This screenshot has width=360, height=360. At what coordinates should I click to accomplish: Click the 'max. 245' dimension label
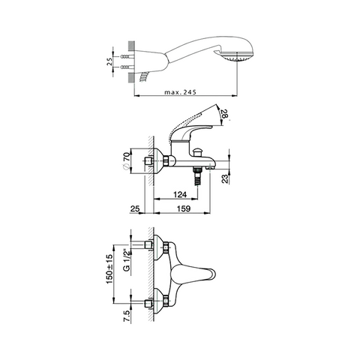pos(180,92)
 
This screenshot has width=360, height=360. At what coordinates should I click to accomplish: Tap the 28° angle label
pos(225,115)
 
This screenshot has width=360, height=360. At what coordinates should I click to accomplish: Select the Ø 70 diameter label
pos(127,160)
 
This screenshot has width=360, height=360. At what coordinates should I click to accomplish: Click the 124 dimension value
pos(180,194)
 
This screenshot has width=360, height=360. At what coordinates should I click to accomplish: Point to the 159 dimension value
pos(184,208)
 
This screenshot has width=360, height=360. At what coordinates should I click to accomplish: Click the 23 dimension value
pos(226,179)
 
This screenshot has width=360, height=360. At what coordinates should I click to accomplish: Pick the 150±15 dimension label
pos(110,268)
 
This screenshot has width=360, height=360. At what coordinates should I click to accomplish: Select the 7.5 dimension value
pos(127,317)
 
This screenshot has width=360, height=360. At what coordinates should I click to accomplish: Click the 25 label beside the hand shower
pos(109,62)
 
